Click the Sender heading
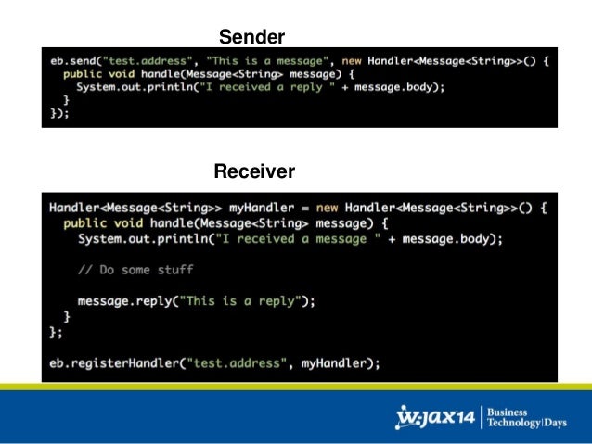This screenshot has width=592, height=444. [x=251, y=37]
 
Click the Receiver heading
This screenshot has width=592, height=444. [x=254, y=171]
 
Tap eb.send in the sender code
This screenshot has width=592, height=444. [x=73, y=61]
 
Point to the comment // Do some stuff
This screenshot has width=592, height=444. [x=135, y=270]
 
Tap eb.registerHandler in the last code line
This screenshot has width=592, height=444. [x=112, y=362]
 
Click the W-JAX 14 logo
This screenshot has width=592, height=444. [x=435, y=417]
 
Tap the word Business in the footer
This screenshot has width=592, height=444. [x=509, y=410]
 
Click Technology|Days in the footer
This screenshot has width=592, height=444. [x=528, y=424]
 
